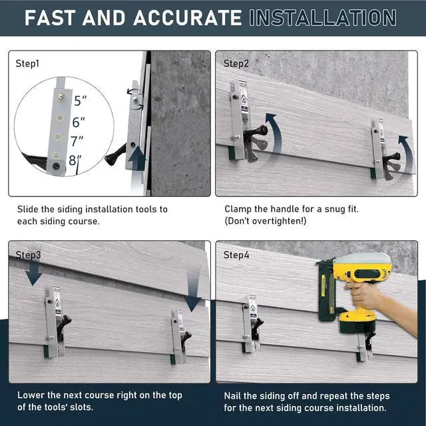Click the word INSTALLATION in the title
(322, 18)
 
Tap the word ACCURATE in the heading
(187, 18)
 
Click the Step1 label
(27, 64)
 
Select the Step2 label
(236, 64)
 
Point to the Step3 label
(28, 255)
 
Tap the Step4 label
(236, 255)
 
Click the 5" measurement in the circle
(80, 101)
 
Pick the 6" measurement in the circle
(79, 122)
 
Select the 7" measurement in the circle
(77, 141)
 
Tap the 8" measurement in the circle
(75, 160)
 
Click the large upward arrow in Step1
(137, 158)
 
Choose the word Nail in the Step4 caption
(232, 396)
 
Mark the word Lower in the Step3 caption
(31, 395)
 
